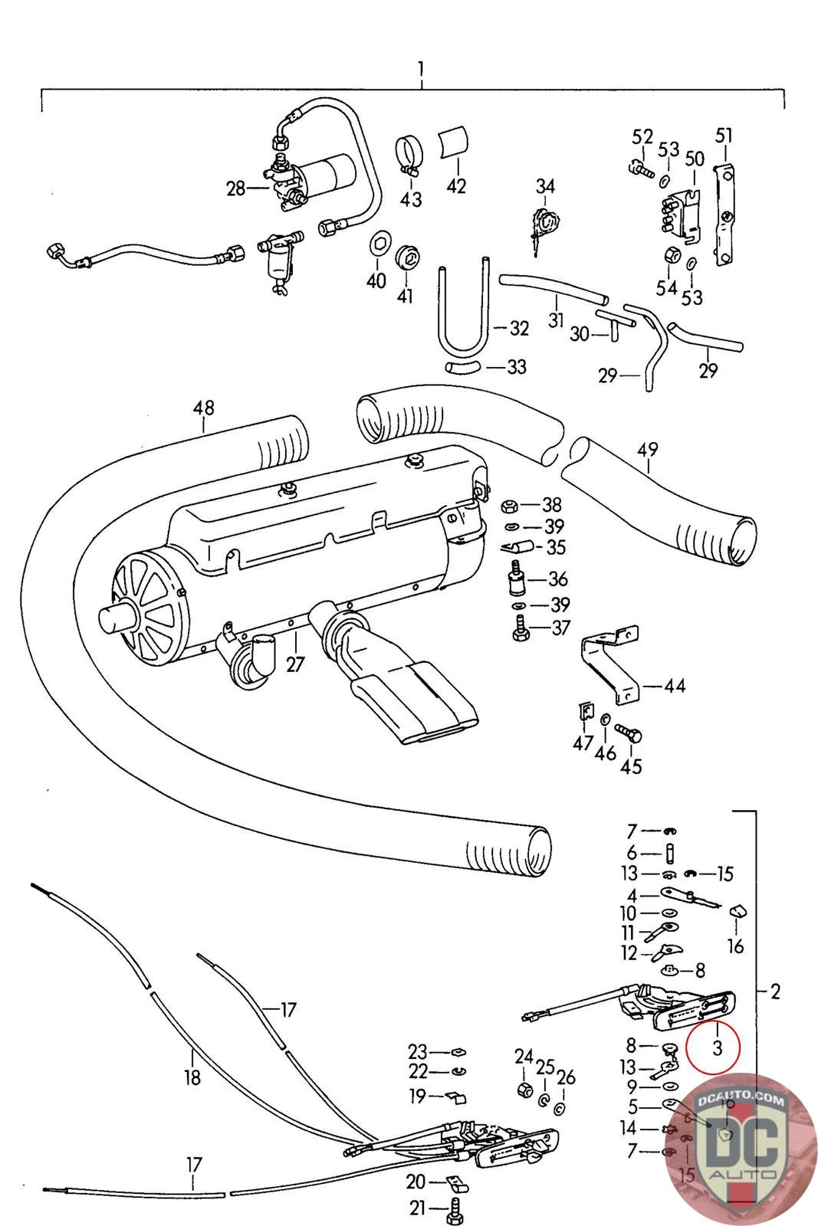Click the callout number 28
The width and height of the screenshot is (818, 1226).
235,188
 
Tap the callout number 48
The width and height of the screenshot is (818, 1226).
204,408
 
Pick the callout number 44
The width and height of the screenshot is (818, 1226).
675,686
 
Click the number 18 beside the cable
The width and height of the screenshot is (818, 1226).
192,1077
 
